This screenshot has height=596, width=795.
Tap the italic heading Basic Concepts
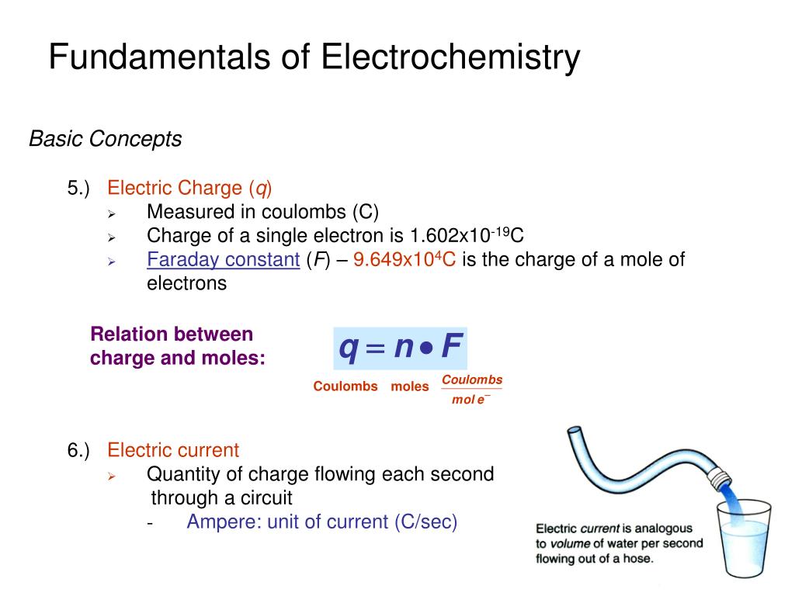[106, 140]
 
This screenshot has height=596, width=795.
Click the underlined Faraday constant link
[223, 260]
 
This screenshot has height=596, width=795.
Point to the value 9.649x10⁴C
[404, 260]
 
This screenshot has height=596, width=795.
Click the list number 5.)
[78, 189]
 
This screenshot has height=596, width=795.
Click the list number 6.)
[78, 450]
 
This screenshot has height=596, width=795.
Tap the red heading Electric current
[173, 450]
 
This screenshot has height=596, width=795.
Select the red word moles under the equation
[410, 386]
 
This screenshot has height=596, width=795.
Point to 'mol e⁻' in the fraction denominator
[470, 400]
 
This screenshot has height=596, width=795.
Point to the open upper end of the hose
[575, 431]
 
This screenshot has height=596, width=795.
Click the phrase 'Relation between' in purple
[172, 334]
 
